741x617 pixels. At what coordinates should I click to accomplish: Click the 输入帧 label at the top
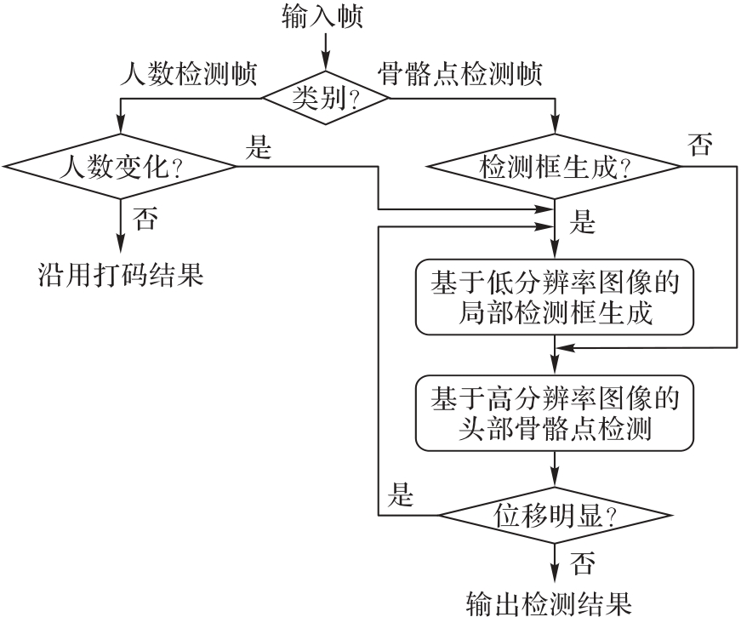coord(323,17)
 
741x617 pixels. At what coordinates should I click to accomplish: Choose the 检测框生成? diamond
coord(555,165)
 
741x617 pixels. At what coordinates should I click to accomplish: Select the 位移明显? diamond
coord(555,515)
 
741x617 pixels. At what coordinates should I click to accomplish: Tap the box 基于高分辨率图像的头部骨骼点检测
coord(555,413)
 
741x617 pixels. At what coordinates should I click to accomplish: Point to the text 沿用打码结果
coord(122,275)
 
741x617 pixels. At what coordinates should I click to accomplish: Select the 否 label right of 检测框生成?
coord(700,146)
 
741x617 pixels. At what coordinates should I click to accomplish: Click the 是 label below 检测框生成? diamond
coord(582,225)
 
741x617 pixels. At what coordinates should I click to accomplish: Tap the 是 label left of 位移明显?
coord(399,494)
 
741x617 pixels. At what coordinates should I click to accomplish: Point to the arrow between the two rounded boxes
coord(555,354)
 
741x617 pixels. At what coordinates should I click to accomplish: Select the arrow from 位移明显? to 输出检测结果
coord(555,562)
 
